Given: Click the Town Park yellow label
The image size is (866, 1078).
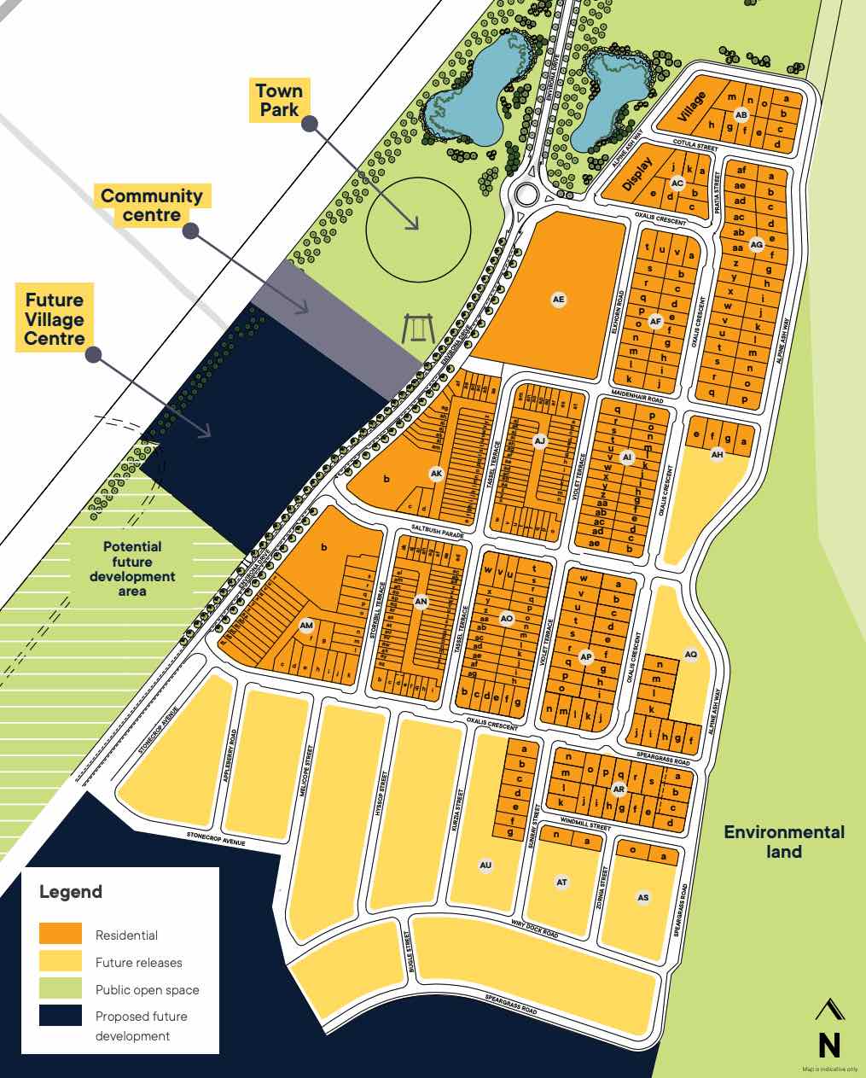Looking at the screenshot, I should point(279,100).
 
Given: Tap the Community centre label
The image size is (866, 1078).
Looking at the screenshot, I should point(152,205).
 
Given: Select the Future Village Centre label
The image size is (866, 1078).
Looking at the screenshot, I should point(55,319).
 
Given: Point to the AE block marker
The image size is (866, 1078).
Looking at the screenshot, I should point(559,300).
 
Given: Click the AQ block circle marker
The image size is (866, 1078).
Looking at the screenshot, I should point(691,655).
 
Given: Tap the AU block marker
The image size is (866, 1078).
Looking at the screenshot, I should point(486,866).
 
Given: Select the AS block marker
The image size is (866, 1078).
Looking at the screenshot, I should point(643,897).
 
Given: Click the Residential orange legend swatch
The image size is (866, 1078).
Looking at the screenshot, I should point(61,934).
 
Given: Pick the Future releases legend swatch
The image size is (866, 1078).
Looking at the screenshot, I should point(61,961).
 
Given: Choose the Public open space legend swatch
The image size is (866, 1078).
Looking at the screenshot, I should point(61,988).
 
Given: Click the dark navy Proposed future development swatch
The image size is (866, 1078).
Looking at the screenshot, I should point(61,1016).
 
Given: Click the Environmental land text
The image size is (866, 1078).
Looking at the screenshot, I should point(784,842).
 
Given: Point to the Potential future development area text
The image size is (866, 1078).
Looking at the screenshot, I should point(132,568).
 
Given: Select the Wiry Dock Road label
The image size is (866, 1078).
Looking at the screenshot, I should point(535,929).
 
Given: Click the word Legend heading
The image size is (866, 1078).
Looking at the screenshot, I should point(71,892).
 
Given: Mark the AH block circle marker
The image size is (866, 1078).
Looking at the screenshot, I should point(718,455).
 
